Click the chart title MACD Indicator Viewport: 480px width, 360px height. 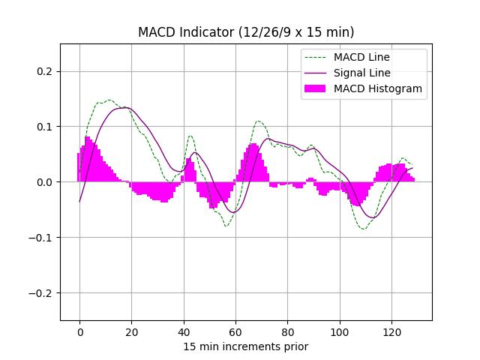click(246, 32)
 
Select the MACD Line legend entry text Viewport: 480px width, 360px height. click(361, 57)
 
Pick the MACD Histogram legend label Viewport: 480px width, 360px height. click(378, 88)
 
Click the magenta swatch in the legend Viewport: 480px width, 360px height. click(315, 88)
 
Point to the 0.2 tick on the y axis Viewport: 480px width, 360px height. click(46, 71)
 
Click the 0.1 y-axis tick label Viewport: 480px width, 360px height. click(46, 127)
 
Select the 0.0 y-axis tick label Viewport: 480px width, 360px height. click(46, 182)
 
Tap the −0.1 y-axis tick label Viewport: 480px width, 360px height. click(43, 238)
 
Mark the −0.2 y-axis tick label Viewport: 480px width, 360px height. click(43, 293)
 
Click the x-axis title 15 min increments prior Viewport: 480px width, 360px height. click(246, 346)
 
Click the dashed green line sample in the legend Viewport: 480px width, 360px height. click(315, 57)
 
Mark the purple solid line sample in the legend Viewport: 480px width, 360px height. click(315, 73)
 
